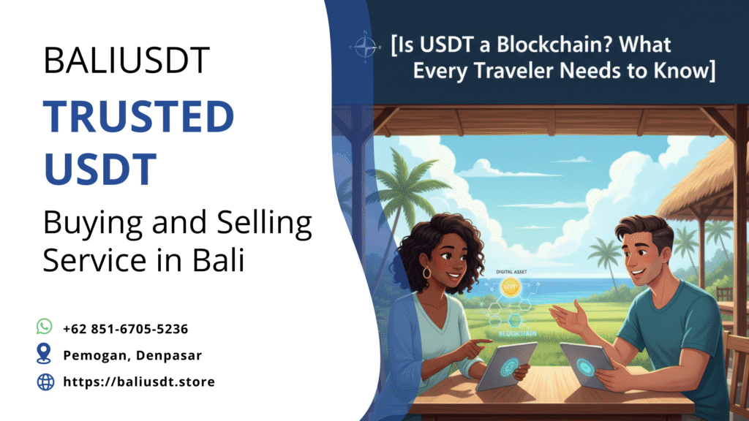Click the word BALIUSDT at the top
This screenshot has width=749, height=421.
127,61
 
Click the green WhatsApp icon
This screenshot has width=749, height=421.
45,327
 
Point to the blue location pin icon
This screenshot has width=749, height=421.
44,354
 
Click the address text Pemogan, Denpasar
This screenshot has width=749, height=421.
132,355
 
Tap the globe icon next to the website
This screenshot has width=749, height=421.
45,381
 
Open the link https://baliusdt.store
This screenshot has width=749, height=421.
139,382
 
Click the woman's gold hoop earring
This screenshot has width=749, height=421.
427,273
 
